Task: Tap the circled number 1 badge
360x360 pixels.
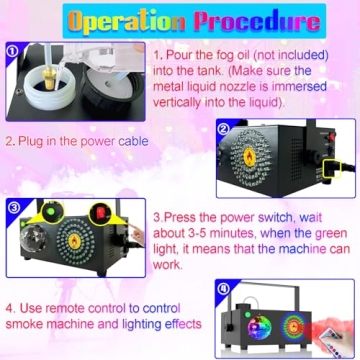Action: [x=11, y=50]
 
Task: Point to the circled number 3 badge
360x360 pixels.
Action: [x=12, y=208]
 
